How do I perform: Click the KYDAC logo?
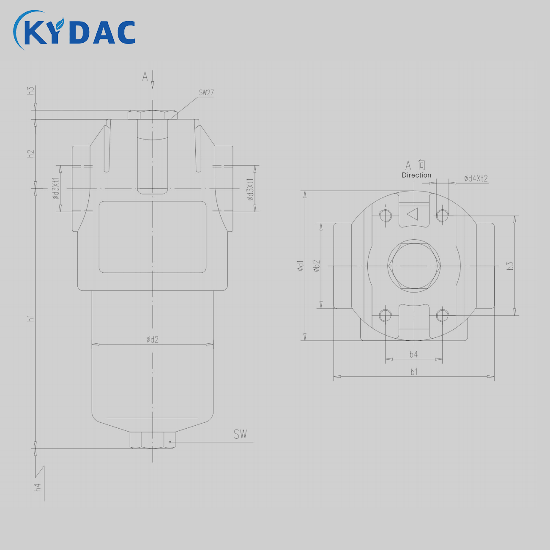(x=74, y=30)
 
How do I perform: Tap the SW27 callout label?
(x=206, y=93)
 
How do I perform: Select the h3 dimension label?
(x=31, y=90)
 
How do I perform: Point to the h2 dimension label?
(x=31, y=153)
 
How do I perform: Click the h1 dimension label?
(x=31, y=318)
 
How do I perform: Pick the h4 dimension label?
(x=38, y=487)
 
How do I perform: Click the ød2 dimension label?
(x=153, y=339)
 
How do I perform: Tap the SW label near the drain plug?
(x=240, y=434)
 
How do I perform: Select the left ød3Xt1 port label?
(x=56, y=189)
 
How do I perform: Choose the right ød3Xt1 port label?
(x=250, y=189)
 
